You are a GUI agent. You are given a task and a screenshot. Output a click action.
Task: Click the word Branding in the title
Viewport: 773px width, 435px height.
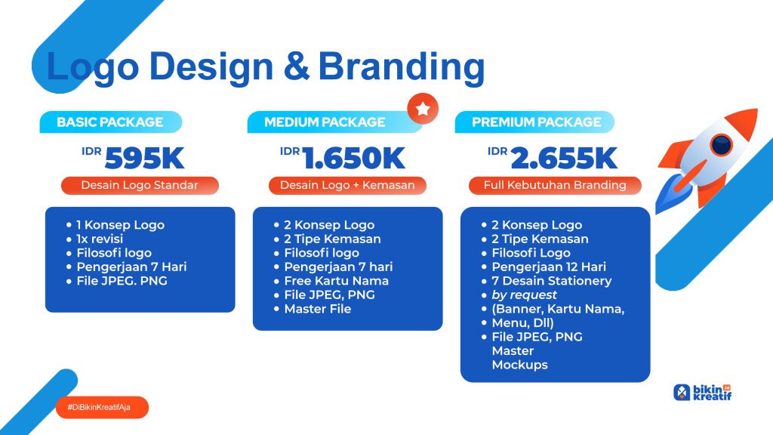pos(402,67)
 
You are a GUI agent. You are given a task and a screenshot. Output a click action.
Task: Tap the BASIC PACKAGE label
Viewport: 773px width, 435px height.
pos(110,122)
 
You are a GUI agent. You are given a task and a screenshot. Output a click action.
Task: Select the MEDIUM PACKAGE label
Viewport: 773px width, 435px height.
pos(325,122)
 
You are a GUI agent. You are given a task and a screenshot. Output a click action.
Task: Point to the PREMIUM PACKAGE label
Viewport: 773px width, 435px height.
pos(537,122)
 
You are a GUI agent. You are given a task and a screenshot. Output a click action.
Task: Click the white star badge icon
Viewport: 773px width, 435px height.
pos(423,109)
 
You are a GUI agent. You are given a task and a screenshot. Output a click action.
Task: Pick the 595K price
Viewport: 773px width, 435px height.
pos(144,159)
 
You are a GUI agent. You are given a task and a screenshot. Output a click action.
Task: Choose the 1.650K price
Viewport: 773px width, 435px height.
pos(353,159)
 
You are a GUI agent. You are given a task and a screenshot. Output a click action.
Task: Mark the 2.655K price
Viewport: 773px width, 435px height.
pos(564,159)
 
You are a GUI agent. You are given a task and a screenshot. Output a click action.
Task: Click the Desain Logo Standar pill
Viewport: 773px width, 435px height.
pos(140,186)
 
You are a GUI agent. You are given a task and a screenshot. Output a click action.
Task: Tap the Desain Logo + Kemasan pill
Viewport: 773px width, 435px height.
pos(347,186)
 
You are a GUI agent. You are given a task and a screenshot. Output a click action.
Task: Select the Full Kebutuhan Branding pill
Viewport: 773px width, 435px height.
pos(555,186)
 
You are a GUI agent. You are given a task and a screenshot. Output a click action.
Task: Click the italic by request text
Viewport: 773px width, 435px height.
pos(524,295)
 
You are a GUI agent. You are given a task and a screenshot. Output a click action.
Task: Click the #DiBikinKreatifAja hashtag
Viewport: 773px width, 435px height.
pos(99,407)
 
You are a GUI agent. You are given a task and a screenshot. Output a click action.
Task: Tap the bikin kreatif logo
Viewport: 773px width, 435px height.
pos(703,393)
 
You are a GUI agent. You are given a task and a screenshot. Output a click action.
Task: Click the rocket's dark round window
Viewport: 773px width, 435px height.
pos(722,145)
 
